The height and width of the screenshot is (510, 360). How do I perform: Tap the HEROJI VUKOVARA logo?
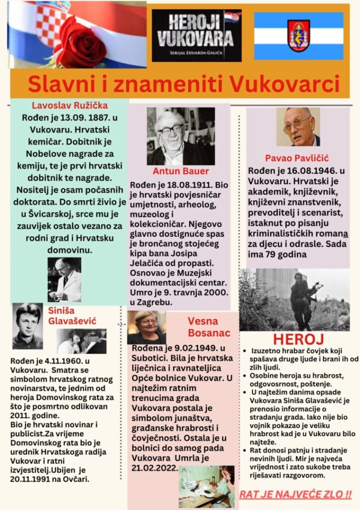196,35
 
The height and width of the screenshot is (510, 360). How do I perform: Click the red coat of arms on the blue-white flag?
299,35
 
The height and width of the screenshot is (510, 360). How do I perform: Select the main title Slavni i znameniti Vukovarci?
184,84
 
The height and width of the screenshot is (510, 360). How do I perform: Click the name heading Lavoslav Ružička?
70,106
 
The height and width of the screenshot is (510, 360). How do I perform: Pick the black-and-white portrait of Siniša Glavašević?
27,326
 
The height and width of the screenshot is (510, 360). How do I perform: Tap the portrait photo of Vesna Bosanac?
146,327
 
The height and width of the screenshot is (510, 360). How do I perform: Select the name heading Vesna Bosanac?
209,326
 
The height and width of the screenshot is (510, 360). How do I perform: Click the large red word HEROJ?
298,339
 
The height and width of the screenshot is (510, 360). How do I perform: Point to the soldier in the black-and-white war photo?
302,299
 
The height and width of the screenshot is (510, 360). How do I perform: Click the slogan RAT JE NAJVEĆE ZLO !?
295,495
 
